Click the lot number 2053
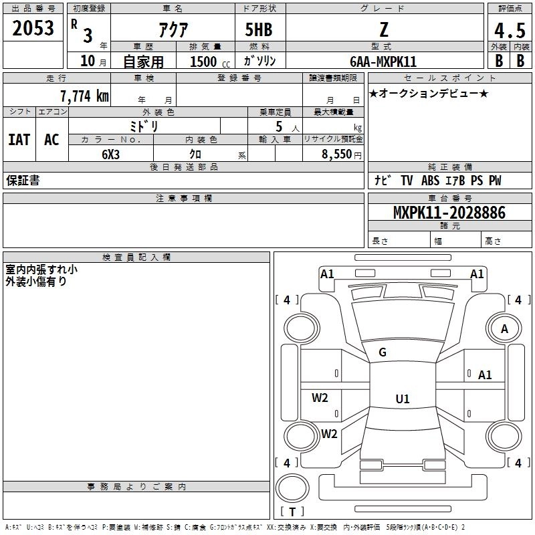tap(33, 28)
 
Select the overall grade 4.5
tap(510, 31)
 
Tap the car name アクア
tap(173, 29)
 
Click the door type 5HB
tap(259, 29)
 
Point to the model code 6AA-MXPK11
tap(383, 62)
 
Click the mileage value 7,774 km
tap(85, 96)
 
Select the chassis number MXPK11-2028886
tap(449, 213)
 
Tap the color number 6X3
tap(110, 154)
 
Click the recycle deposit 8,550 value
tap(336, 154)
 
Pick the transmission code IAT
tap(19, 140)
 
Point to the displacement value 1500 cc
tap(210, 62)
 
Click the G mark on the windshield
tap(383, 352)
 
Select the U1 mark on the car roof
tap(403, 399)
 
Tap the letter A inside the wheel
tap(504, 329)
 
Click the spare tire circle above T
tap(292, 488)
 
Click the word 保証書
tap(23, 180)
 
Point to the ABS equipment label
tap(430, 181)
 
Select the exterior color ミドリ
tap(144, 126)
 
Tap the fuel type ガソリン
tap(259, 61)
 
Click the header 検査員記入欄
tap(136, 257)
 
